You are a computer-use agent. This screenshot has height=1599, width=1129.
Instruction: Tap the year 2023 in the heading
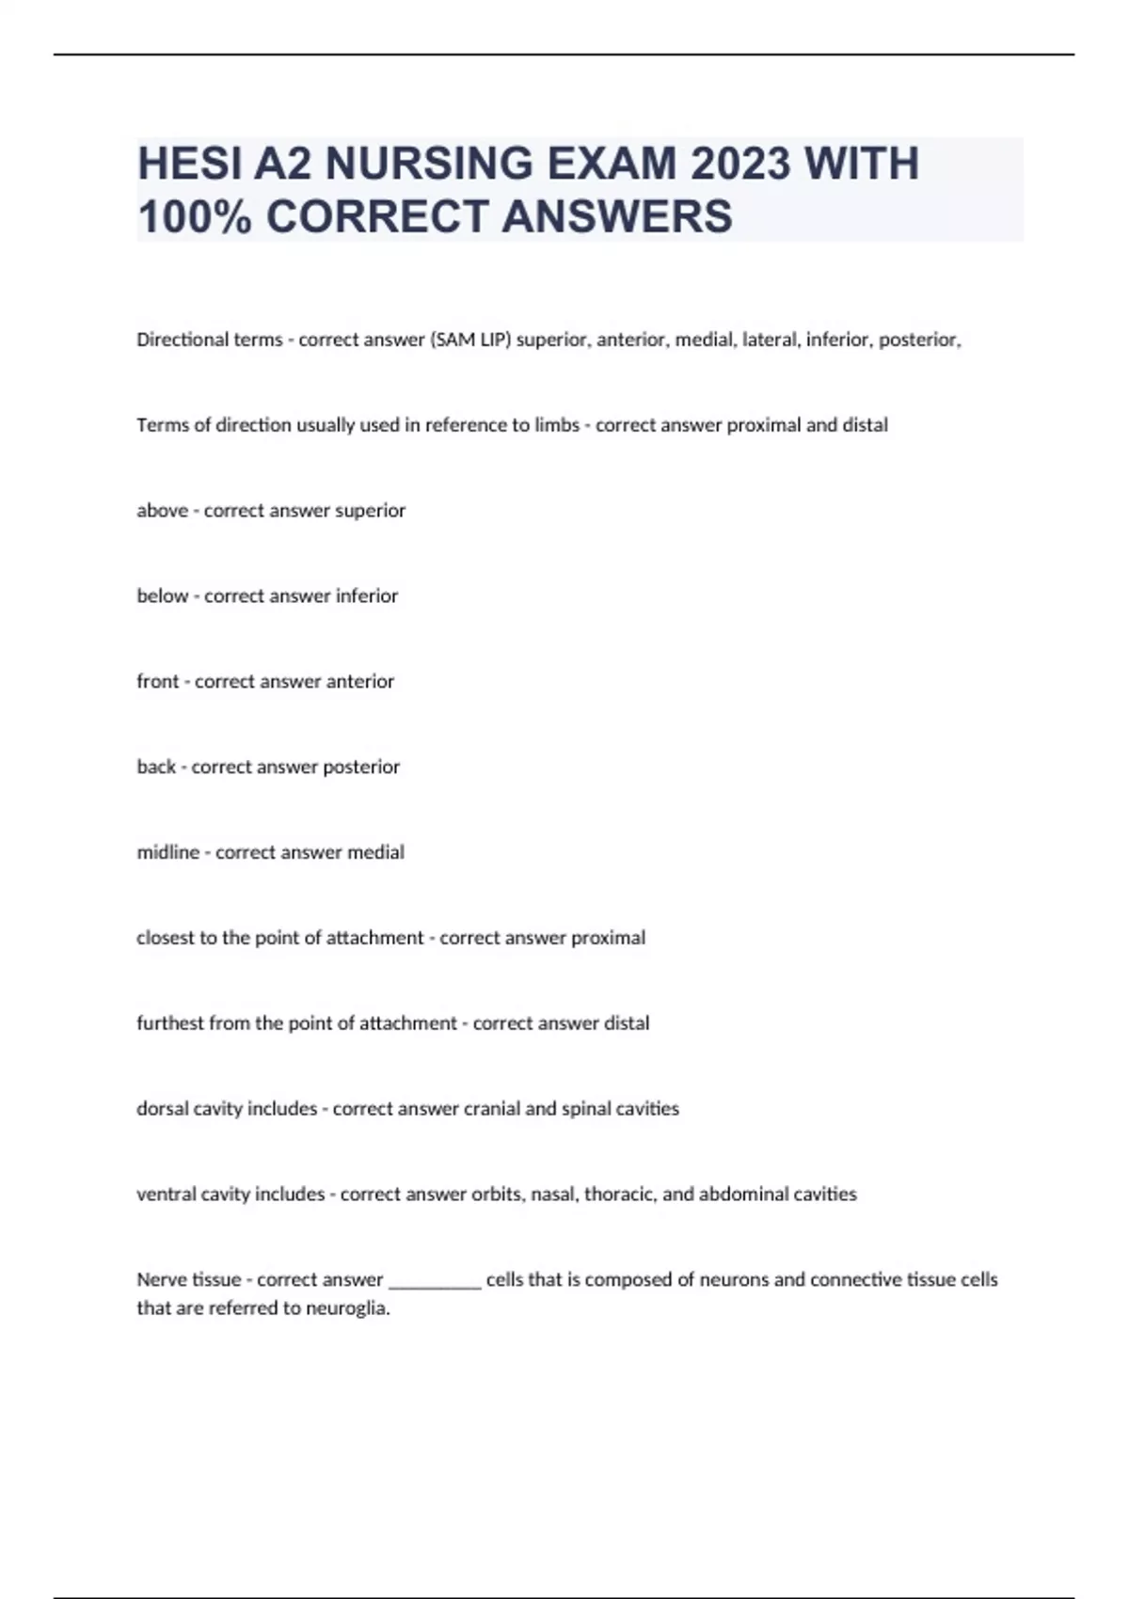tap(740, 164)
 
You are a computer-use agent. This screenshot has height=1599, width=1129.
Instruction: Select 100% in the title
tap(194, 216)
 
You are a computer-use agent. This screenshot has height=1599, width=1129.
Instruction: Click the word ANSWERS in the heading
tap(616, 216)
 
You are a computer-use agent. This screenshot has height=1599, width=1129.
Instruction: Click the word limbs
tap(557, 425)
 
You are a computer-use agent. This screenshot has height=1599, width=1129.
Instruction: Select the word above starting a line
tap(162, 511)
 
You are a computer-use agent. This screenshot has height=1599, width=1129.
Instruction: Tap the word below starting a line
tap(162, 596)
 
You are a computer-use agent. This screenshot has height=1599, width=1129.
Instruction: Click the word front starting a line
tap(157, 682)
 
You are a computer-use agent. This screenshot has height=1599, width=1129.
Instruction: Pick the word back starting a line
tap(156, 768)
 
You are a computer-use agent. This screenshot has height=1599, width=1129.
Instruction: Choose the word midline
tap(167, 853)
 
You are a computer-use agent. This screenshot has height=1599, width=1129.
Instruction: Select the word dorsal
tap(162, 1109)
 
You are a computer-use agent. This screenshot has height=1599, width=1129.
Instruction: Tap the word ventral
tap(166, 1195)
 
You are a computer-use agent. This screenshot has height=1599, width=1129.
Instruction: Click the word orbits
tap(498, 1195)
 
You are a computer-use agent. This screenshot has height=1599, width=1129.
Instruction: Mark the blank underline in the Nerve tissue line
tap(435, 1283)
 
